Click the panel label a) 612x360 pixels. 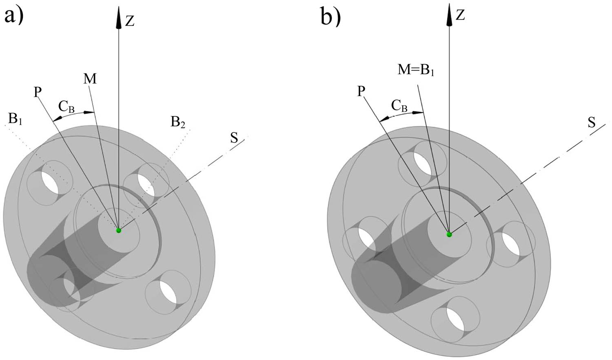[x=14, y=17]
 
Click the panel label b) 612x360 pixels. [x=330, y=17]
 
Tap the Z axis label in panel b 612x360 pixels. [x=460, y=15]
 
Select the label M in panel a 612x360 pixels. [x=90, y=78]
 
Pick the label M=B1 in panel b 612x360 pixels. [x=416, y=71]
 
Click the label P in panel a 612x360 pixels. [x=38, y=92]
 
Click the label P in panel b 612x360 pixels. [x=361, y=91]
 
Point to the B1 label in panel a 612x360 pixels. [x=15, y=119]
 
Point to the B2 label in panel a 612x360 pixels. [x=178, y=122]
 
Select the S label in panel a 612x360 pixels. [x=234, y=138]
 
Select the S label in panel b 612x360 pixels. [x=591, y=122]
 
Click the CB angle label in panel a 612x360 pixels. [x=66, y=106]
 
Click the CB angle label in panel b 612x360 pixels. [x=399, y=106]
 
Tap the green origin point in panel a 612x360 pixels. [x=119, y=230]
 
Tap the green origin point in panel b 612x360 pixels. [x=449, y=234]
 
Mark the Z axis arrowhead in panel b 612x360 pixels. [x=449, y=12]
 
